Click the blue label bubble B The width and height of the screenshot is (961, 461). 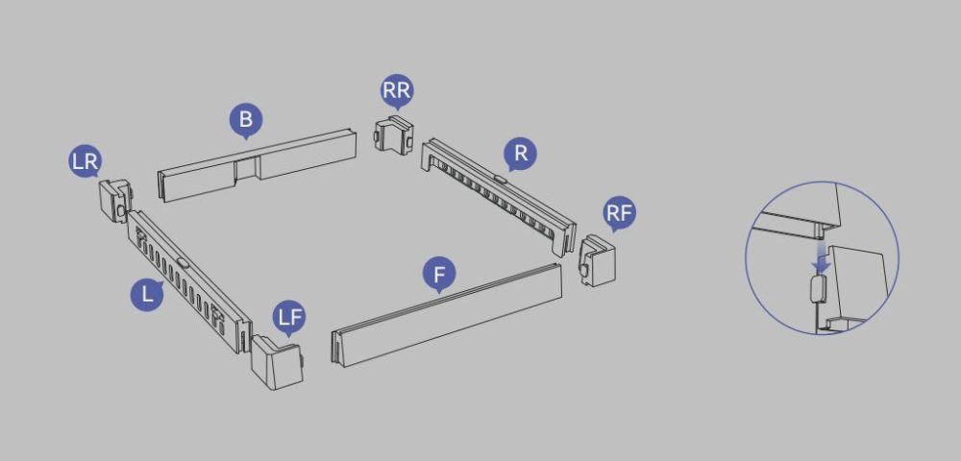coord(246,120)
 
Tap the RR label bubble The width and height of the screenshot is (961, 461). coord(397,90)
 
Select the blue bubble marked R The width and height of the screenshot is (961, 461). coord(520,154)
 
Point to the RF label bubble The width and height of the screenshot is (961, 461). coord(619,213)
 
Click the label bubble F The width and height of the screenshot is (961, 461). coord(439,275)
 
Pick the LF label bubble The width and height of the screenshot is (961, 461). coord(290,318)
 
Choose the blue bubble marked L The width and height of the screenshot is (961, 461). coord(147,294)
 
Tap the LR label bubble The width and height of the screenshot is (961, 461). coord(86,161)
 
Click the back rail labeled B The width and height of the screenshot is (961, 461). coord(258,165)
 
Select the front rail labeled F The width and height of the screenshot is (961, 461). coord(447,315)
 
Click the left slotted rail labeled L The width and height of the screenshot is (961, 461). coord(188,281)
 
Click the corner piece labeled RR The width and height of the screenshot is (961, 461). coord(393,134)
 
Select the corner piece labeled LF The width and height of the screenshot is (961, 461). coord(277,361)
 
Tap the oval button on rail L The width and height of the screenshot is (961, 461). coord(182,262)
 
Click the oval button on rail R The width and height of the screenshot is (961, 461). coord(500,180)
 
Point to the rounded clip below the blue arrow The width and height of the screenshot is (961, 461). coord(818,288)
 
